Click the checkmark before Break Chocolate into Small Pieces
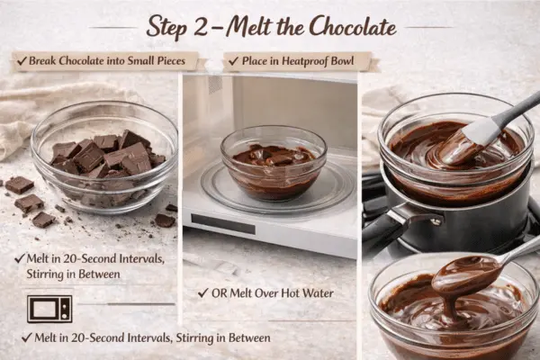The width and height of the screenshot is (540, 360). pyautogui.click(x=20, y=61)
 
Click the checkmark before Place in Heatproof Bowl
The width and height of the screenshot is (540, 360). pyautogui.click(x=231, y=61)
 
